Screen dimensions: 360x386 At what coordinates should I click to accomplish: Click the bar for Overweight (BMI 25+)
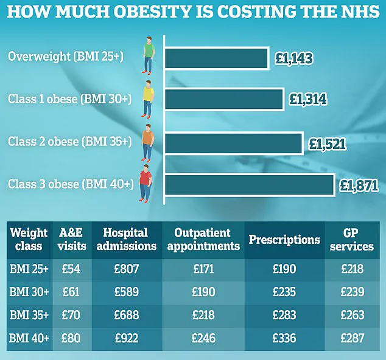click(x=216, y=58)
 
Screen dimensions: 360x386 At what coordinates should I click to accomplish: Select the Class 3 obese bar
click(x=249, y=185)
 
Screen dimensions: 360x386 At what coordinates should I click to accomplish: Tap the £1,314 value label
click(x=308, y=100)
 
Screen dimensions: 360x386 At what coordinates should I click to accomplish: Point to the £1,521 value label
click(x=328, y=144)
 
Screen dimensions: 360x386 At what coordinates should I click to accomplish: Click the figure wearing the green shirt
click(x=149, y=53)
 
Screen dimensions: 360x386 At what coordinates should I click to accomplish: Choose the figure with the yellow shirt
click(x=148, y=98)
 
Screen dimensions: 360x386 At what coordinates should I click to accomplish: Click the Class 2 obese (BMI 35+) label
click(x=69, y=141)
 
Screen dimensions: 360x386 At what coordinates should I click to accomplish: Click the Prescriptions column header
click(x=284, y=240)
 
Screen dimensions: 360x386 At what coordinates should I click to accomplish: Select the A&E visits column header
click(x=71, y=240)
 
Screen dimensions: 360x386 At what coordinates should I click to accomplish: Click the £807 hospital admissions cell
click(x=125, y=268)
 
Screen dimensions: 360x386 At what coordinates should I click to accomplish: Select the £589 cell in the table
click(x=125, y=291)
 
